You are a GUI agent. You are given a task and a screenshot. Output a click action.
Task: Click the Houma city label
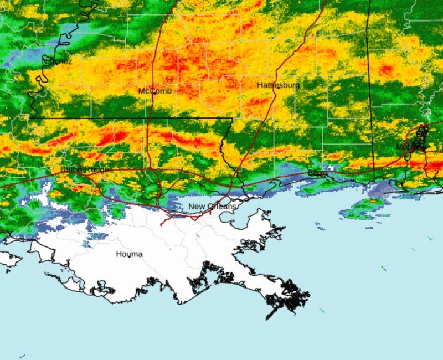pyautogui.click(x=128, y=254)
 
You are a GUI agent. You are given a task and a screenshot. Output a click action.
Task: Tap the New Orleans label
pyautogui.click(x=212, y=207)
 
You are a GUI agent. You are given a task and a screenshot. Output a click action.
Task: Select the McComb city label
pyautogui.click(x=154, y=91)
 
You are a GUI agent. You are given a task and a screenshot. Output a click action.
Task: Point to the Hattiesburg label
pyautogui.click(x=278, y=85)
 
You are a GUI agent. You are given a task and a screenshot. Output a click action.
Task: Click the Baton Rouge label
pyautogui.click(x=84, y=169)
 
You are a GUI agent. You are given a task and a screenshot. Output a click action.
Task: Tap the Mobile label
pyautogui.click(x=408, y=147)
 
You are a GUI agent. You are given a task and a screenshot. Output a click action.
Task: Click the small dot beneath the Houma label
pyautogui.click(x=128, y=260)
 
